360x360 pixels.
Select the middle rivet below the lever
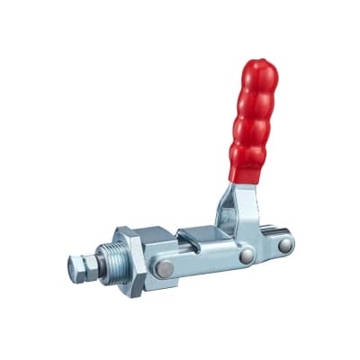coord(245,256)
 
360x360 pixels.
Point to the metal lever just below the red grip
coord(236,198)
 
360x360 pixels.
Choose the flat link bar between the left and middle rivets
coord(202,262)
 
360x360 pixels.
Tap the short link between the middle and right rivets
coord(265,250)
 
